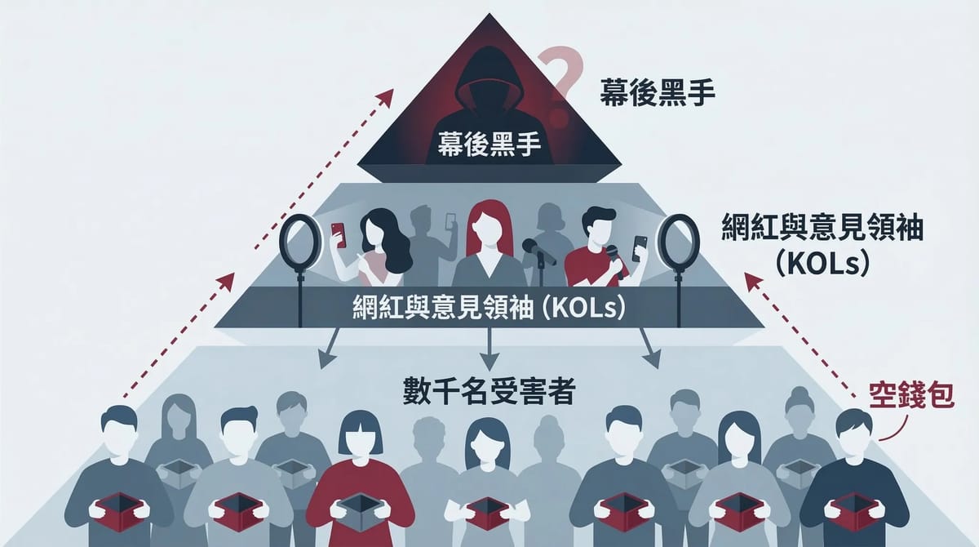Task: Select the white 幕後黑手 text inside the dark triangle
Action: click(489, 148)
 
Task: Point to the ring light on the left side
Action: click(299, 242)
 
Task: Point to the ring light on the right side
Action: click(678, 241)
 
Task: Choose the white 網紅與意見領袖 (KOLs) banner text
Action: click(489, 309)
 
